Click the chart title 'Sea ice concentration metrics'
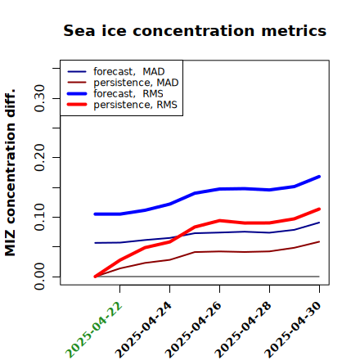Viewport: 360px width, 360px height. pos(195,30)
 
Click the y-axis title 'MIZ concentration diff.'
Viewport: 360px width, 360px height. pos(10,173)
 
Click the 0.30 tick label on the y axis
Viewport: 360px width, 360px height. pos(39,98)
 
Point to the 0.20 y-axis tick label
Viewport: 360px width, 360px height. pos(39,158)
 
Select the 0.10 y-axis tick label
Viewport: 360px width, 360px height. pos(39,217)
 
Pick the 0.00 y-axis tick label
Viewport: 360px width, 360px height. pos(39,277)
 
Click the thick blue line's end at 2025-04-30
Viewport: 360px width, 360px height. pos(319,177)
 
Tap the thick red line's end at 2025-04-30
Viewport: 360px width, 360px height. pos(319,209)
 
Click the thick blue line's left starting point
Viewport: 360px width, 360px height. pos(95,214)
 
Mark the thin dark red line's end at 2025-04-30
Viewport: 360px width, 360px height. pos(319,241)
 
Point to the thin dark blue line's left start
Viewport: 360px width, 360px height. pos(95,243)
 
